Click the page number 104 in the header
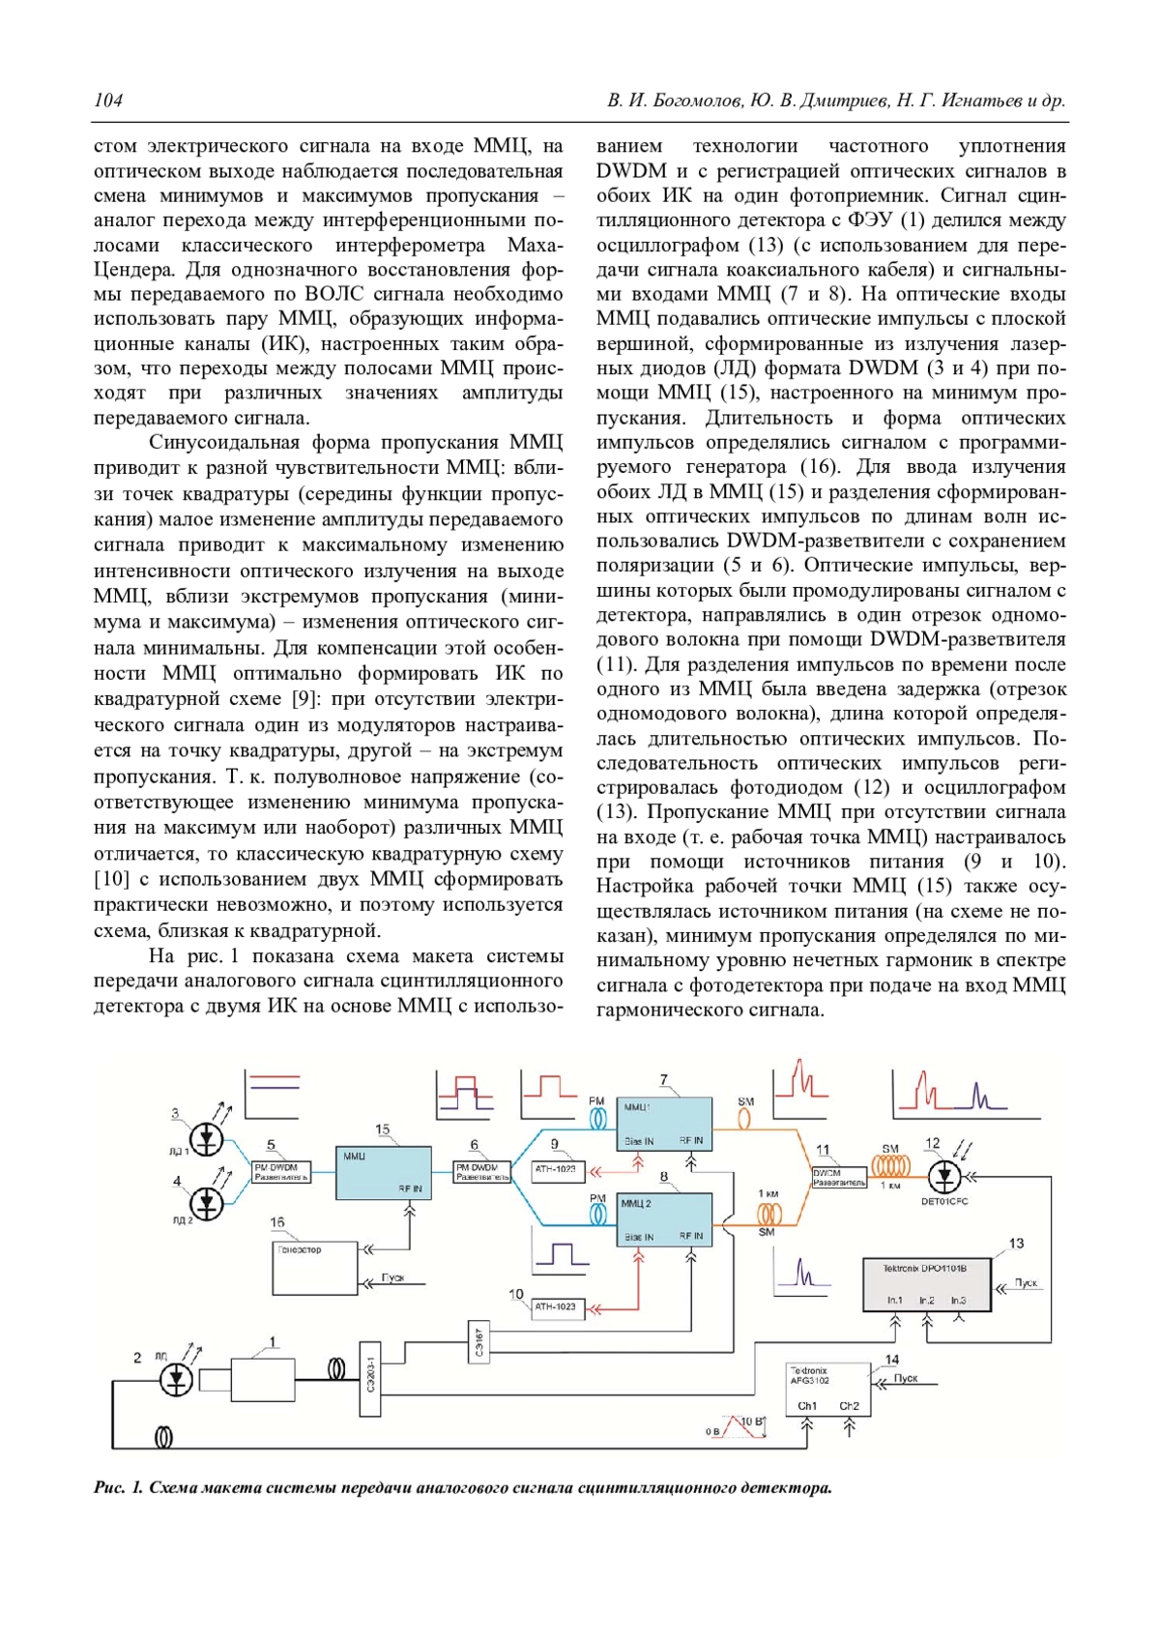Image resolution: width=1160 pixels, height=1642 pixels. [108, 101]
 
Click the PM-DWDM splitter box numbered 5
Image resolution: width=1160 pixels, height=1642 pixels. [281, 1172]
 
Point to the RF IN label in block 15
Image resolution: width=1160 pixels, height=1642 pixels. [410, 1188]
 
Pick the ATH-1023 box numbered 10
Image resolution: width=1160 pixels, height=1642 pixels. [556, 1306]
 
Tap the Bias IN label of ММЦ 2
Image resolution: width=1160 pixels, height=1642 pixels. [639, 1237]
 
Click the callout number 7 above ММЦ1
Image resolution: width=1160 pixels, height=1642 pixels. [664, 1080]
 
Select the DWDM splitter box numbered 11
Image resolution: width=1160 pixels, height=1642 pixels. [838, 1178]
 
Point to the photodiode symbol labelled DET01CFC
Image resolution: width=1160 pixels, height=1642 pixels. [944, 1177]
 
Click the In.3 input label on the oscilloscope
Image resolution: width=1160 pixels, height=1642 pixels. [958, 1301]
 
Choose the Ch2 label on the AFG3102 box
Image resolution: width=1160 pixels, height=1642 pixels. [849, 1406]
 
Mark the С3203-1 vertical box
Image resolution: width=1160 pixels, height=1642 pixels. [371, 1379]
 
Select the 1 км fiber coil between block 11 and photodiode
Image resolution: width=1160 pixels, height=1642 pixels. [890, 1167]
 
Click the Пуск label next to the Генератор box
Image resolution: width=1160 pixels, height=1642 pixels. [392, 1277]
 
